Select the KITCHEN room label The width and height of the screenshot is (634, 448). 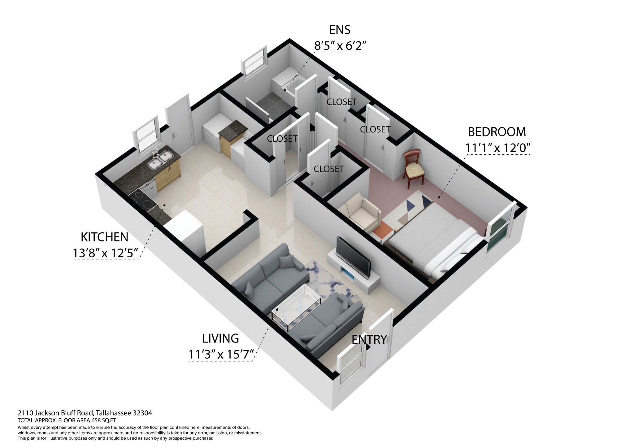tap(104, 237)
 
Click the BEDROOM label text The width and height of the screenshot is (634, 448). tap(497, 132)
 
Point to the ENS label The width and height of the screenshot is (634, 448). tap(340, 30)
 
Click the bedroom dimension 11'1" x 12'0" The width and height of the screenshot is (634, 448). tap(498, 148)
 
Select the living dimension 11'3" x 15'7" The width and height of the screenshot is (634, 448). tap(221, 355)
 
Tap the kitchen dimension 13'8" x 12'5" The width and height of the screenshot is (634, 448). tap(105, 253)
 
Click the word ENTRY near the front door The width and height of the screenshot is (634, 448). tap(369, 340)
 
